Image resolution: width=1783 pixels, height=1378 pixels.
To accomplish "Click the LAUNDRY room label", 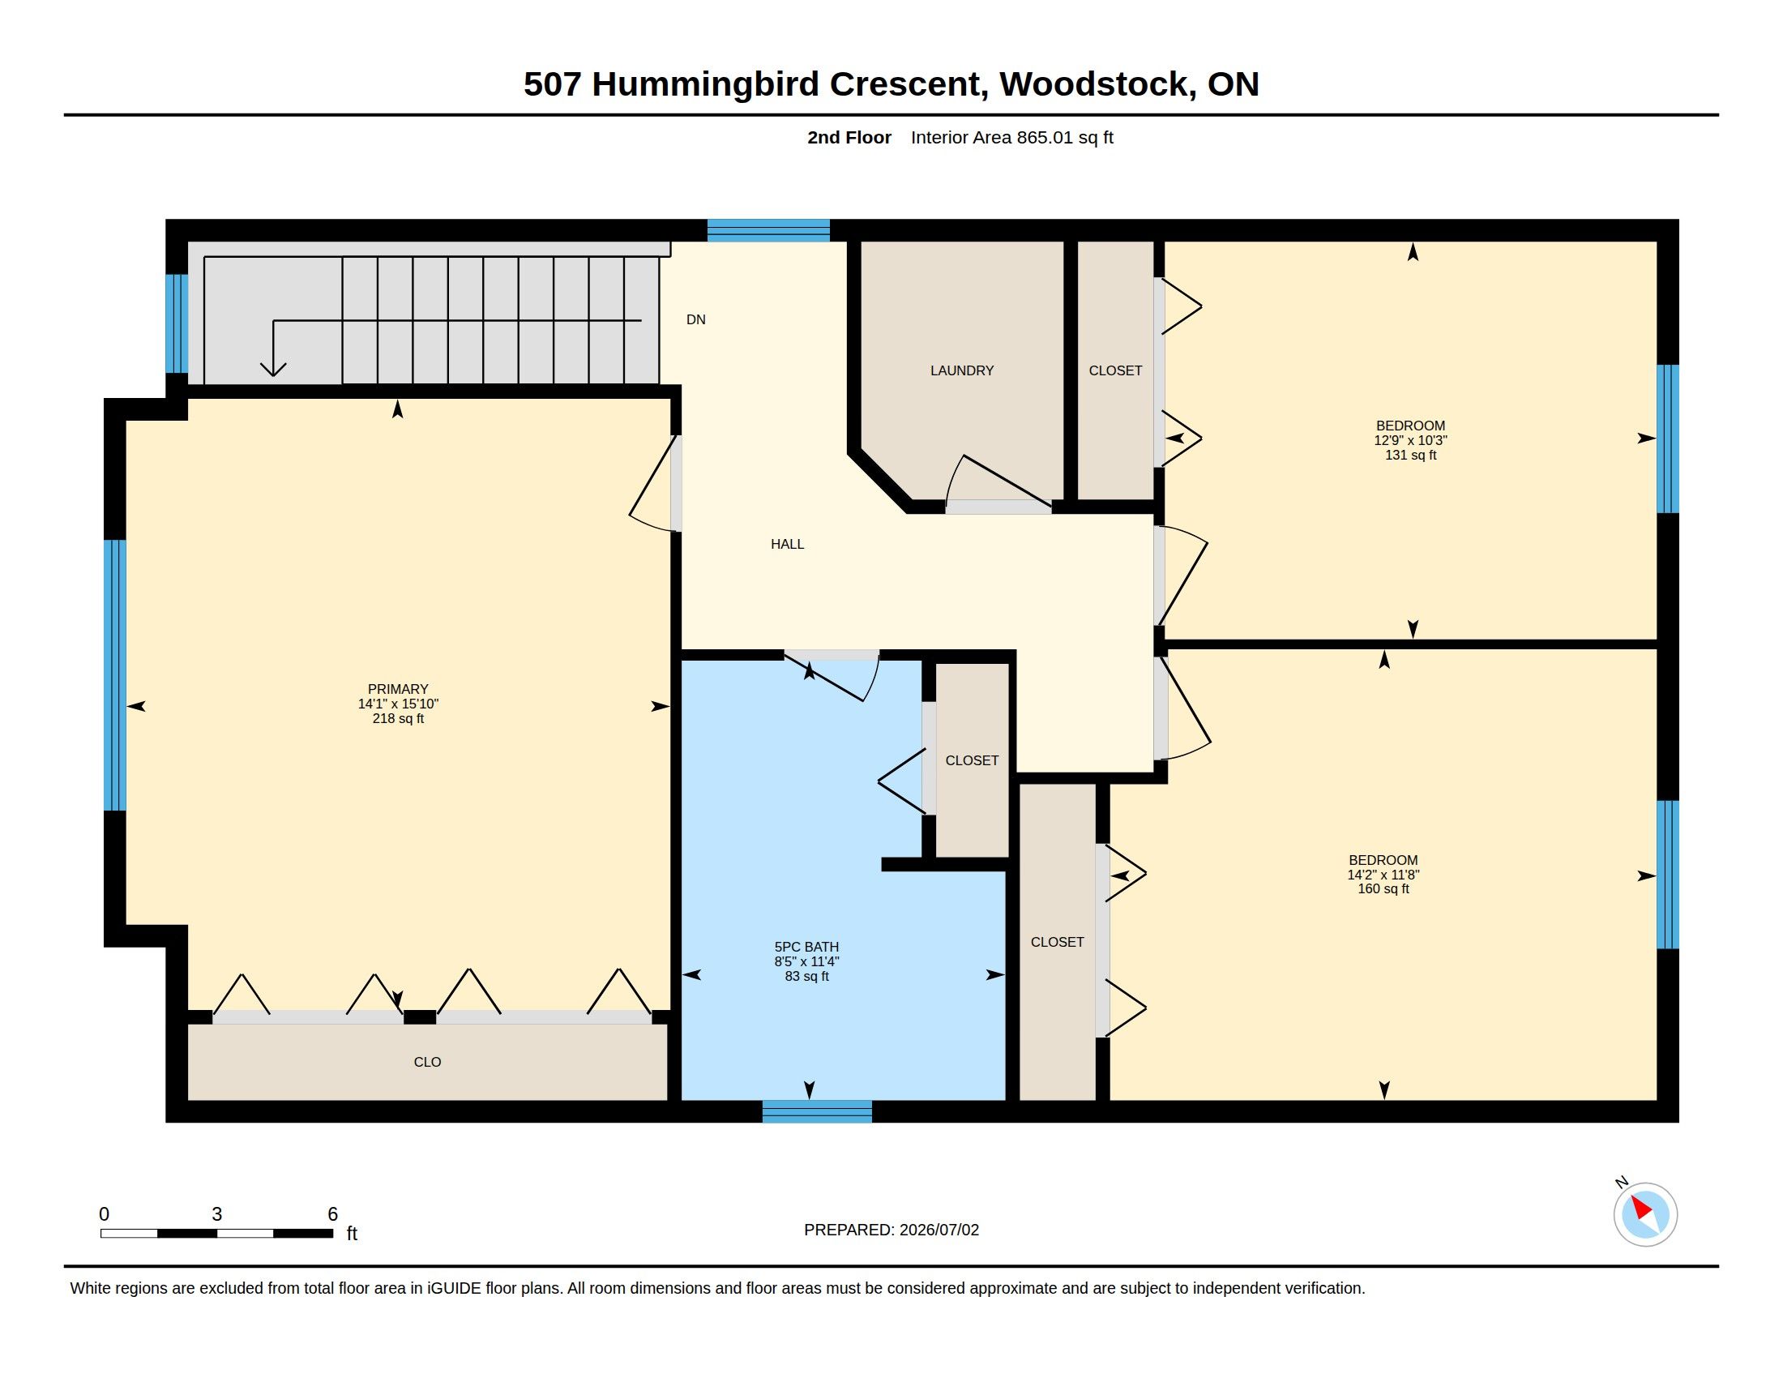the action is [962, 370].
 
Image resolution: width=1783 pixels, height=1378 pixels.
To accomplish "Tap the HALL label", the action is [787, 544].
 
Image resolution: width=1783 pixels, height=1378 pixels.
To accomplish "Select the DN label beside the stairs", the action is [695, 320].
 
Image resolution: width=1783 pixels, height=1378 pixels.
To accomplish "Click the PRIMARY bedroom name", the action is [398, 689].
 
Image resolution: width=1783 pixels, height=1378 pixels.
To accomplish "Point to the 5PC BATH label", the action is [806, 947].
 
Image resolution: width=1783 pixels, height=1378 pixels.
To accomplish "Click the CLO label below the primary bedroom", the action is [427, 1062].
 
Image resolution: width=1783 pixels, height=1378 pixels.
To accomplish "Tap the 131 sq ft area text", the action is [1411, 455].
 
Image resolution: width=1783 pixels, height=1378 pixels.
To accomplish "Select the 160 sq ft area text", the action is [1383, 889].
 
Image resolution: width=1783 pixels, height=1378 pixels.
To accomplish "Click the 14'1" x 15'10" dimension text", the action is [399, 704].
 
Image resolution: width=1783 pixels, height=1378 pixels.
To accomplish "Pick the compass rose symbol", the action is [1645, 1214].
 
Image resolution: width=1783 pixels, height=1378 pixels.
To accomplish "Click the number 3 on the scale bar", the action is [216, 1214].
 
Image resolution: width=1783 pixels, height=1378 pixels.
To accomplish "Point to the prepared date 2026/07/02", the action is [939, 1230].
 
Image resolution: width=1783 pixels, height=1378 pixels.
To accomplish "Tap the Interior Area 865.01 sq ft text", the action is [1011, 137].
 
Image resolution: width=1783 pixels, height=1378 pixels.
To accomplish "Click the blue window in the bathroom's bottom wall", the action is [816, 1111].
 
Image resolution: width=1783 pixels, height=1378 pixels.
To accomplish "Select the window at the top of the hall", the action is [768, 230].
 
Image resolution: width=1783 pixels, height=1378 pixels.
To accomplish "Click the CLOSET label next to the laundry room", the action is [1115, 370].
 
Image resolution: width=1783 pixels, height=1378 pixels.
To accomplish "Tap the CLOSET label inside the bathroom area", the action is [972, 761].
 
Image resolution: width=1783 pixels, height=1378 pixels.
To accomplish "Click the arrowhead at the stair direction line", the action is [272, 369].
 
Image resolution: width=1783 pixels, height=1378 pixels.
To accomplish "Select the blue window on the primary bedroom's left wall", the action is [115, 675].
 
